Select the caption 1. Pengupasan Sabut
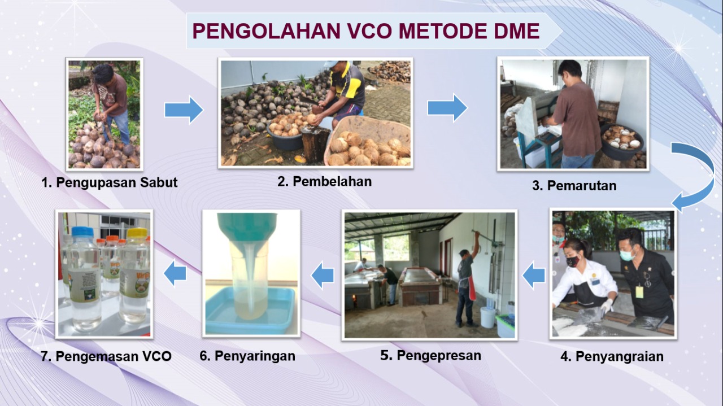pos(110,182)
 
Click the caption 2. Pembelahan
pos(325,181)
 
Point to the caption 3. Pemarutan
pos(574,186)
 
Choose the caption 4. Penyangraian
pos(612,357)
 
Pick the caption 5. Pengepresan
pos(430,356)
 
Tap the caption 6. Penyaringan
pos(247,356)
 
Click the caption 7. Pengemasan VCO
pos(106,357)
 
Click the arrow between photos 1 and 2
pos(184,110)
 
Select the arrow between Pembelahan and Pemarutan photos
pos(447,108)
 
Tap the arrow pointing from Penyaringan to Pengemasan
pos(175,273)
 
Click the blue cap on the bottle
pos(83,232)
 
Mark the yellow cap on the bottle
pos(137,233)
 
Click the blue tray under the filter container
pos(250,312)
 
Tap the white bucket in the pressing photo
pos(487,317)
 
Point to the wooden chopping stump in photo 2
pos(315,143)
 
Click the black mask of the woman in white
pos(572,261)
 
